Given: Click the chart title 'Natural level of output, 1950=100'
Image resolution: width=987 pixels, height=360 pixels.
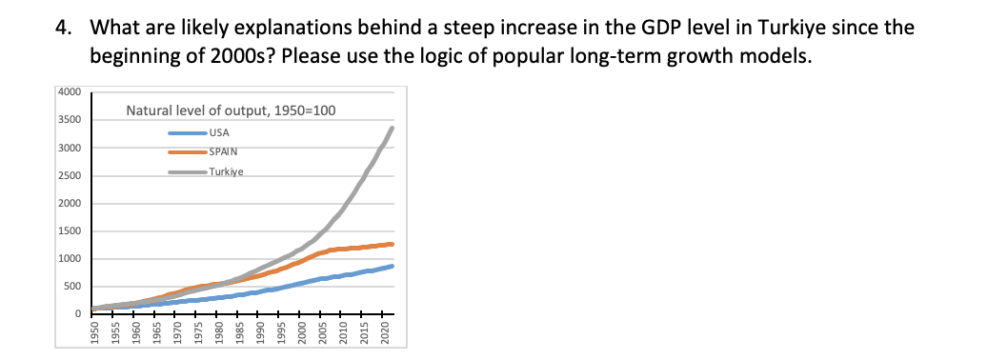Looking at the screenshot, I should (231, 111).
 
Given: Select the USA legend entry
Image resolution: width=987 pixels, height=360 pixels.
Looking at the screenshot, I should (219, 132).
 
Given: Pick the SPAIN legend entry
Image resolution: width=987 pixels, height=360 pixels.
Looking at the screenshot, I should (223, 152).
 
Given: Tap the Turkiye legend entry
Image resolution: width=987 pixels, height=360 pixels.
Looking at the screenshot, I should (227, 172).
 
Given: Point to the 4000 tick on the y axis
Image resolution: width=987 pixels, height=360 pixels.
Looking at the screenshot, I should (70, 92).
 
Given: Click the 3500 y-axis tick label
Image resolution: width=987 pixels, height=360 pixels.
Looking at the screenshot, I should (70, 120).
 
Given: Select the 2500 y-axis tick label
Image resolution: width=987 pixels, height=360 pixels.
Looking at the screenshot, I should (70, 176).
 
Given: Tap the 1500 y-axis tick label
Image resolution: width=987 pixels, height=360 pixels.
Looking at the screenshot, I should (70, 231).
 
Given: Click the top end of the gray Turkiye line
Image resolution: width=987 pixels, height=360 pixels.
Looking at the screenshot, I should (392, 129).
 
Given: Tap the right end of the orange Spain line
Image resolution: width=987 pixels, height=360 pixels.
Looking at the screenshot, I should (391, 245).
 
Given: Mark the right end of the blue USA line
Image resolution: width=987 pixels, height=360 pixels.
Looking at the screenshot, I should (391, 267).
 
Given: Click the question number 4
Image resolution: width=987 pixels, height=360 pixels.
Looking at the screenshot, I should (62, 28).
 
